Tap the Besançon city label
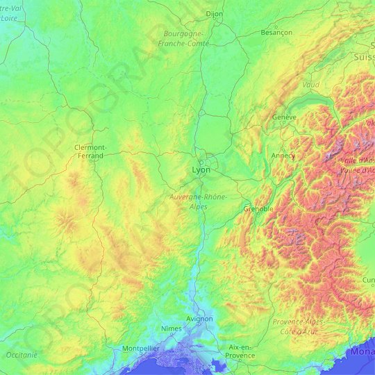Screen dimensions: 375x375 click(276, 32)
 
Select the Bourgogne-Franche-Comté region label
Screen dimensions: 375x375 click(183, 38)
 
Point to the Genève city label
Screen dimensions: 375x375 click(285, 117)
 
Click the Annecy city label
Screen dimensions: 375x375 click(283, 156)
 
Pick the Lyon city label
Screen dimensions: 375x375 click(201, 169)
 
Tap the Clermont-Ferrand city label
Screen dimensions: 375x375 click(90, 151)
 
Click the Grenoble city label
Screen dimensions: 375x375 click(258, 208)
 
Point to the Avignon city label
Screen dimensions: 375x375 click(200, 319)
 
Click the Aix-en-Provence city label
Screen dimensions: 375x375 click(240, 351)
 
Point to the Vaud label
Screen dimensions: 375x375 click(310, 84)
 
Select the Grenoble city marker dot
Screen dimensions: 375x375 click(258, 215)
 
